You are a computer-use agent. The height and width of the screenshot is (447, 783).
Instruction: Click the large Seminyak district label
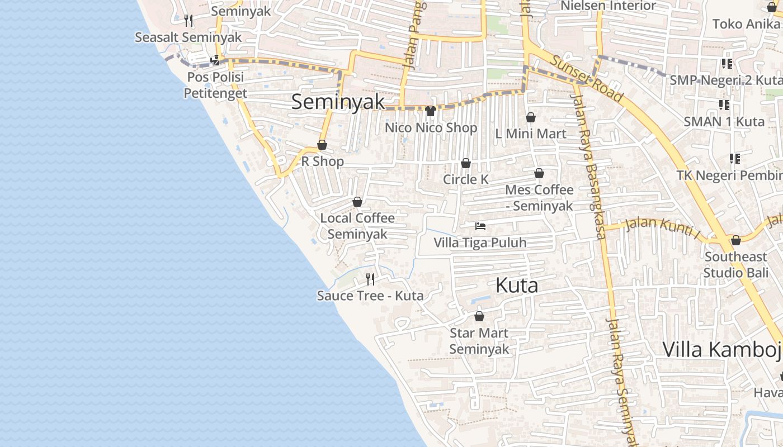(x=338, y=102)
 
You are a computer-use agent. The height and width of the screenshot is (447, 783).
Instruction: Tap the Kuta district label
(x=517, y=286)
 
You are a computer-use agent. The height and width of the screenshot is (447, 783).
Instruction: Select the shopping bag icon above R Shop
(x=322, y=145)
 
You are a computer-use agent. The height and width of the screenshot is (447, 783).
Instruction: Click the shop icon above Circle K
(x=465, y=163)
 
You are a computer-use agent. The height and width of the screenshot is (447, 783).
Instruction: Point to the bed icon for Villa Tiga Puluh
(x=480, y=226)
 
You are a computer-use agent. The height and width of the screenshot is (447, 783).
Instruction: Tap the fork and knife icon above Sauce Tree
(x=370, y=279)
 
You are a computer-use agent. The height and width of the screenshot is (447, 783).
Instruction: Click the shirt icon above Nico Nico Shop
(x=431, y=111)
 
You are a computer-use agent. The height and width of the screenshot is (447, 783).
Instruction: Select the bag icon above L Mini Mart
(x=530, y=117)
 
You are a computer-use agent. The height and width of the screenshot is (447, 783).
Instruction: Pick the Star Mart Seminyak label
(x=479, y=341)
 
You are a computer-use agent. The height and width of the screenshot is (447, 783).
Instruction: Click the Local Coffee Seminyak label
(x=357, y=226)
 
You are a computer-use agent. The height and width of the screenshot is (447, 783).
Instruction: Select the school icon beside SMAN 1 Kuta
(x=725, y=104)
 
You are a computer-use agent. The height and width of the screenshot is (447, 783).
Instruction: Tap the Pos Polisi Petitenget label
(x=215, y=85)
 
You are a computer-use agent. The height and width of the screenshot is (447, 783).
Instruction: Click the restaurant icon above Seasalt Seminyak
(x=188, y=21)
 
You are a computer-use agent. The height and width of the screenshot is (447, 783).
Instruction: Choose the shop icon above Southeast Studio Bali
(x=736, y=240)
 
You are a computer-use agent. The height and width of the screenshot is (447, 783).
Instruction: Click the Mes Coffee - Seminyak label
(x=539, y=198)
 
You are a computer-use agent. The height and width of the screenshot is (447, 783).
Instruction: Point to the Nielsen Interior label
(x=608, y=6)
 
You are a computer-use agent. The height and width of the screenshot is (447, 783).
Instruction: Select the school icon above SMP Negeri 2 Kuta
(x=727, y=63)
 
